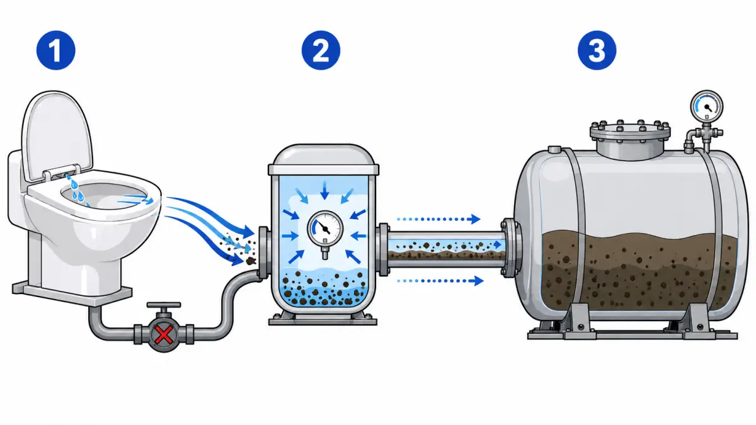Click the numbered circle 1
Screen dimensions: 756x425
[x=55, y=50]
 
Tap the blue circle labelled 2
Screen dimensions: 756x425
[x=321, y=50]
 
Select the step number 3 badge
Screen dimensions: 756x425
[x=597, y=50]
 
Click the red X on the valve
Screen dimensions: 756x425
[x=164, y=334]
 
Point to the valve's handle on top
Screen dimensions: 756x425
[x=164, y=305]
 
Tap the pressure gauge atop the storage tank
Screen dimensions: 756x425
[x=707, y=106]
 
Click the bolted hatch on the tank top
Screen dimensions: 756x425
[x=630, y=139]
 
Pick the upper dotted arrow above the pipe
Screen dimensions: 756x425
[x=438, y=219]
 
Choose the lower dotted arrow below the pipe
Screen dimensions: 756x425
[x=440, y=281]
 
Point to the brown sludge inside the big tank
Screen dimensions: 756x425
[x=638, y=270]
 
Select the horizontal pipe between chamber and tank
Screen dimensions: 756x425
[x=445, y=249]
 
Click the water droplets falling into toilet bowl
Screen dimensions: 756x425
[x=77, y=191]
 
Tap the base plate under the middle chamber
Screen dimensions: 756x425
[x=323, y=320]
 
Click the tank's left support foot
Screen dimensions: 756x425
[x=580, y=320]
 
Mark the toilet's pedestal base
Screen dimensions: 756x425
[x=72, y=292]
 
